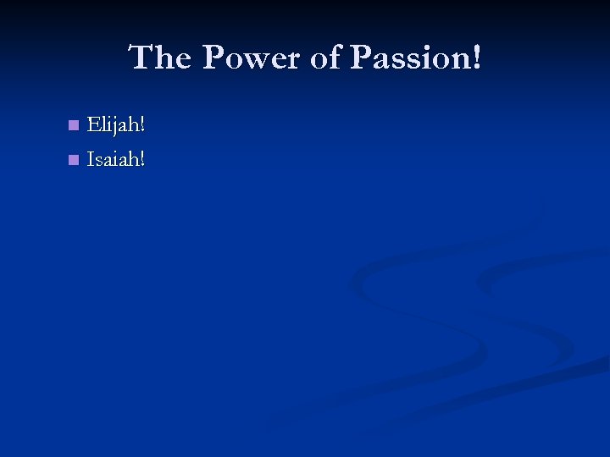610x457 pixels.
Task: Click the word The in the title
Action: coord(162,58)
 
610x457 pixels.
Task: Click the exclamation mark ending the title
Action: coord(477,58)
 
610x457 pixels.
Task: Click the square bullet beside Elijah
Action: coord(73,126)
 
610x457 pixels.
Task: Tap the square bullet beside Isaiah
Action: coord(73,159)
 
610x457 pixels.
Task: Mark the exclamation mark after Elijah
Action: coord(142,125)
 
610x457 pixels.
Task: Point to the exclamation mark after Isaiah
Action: coord(142,158)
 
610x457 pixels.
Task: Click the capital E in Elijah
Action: coord(93,125)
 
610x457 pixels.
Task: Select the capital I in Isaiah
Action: coord(91,158)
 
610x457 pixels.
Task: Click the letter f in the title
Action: coord(339,58)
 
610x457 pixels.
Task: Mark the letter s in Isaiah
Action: coord(99,160)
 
